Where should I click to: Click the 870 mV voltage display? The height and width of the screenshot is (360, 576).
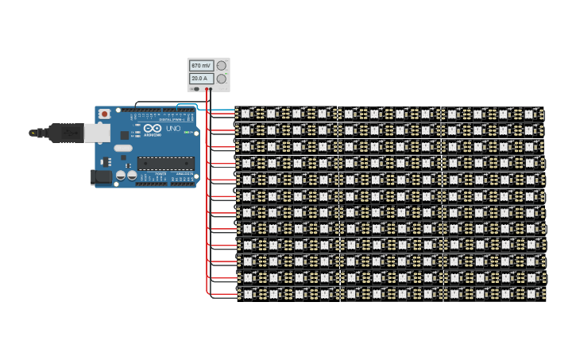click(201, 65)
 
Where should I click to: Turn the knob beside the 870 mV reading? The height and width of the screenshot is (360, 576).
click(222, 65)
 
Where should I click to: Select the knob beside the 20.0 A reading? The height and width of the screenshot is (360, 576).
click(222, 79)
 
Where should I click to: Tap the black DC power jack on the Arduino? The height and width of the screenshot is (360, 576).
click(102, 177)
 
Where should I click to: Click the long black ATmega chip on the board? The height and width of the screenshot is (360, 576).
click(165, 164)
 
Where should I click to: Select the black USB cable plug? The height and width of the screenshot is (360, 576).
click(60, 133)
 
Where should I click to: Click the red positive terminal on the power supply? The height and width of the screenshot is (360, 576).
click(210, 89)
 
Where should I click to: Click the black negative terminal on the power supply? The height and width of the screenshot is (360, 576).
click(205, 89)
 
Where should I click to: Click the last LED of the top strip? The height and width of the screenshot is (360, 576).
click(531, 114)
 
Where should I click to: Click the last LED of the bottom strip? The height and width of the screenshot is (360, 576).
click(531, 293)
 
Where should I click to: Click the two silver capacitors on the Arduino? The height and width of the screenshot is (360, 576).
click(126, 174)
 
